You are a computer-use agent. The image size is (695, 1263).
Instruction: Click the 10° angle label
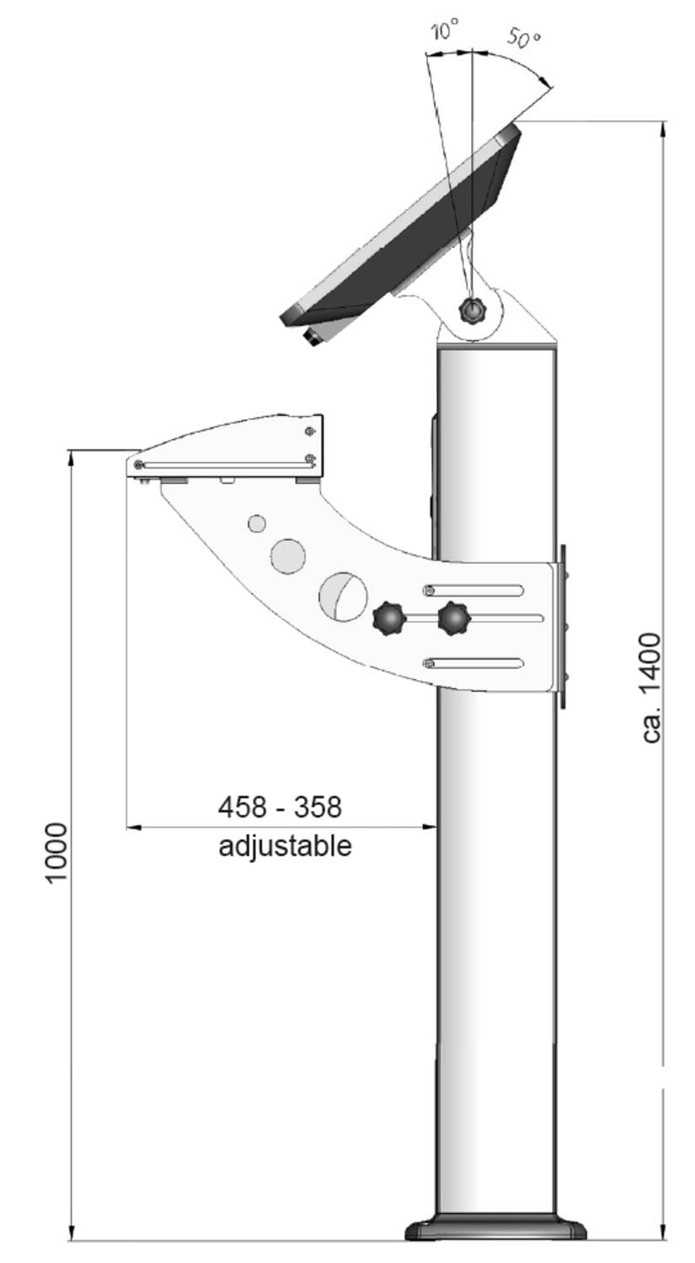point(444,32)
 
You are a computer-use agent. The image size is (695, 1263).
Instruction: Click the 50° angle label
point(523,38)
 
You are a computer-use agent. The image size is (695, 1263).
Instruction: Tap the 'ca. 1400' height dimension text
point(652,687)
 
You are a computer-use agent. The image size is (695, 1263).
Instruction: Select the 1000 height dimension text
point(56,852)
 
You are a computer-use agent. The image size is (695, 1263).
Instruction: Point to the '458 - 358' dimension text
point(280,807)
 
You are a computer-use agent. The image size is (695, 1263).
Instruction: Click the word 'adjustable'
point(285,845)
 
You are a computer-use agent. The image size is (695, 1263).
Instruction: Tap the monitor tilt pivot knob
point(473,311)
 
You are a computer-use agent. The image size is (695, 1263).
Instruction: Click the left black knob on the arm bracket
point(389,619)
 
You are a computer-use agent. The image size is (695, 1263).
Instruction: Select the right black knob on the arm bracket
point(454,619)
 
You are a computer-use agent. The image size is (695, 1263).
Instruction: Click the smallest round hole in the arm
point(257,524)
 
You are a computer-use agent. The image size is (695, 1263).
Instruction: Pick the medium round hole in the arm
point(287,556)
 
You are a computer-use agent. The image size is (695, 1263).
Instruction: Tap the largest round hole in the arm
point(343,597)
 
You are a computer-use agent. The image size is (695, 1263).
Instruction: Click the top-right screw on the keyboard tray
point(310,431)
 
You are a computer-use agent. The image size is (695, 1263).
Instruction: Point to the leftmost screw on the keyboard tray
point(138,465)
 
